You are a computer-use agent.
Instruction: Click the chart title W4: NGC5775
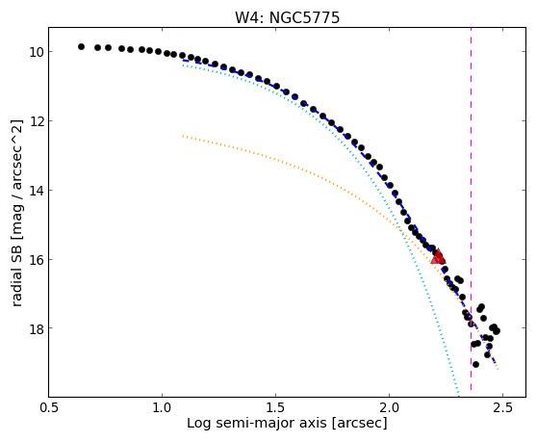click(x=287, y=18)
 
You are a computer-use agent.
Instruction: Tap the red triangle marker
click(x=438, y=257)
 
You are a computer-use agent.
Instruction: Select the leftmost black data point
click(x=81, y=46)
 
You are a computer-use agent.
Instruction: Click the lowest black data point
click(x=475, y=364)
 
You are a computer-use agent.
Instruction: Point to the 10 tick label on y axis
click(x=37, y=52)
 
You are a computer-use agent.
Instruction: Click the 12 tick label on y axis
click(x=37, y=121)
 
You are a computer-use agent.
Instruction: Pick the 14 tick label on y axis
click(x=37, y=191)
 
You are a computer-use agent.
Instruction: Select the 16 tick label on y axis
click(x=37, y=260)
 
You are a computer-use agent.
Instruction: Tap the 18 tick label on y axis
click(x=37, y=328)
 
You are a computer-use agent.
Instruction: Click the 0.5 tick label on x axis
click(x=49, y=408)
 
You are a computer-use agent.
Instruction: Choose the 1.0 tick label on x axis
click(x=162, y=408)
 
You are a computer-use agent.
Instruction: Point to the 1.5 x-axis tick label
click(x=275, y=408)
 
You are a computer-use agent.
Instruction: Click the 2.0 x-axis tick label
click(x=390, y=408)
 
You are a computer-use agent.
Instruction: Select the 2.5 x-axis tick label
click(x=502, y=408)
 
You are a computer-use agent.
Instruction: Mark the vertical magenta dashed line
click(x=471, y=209)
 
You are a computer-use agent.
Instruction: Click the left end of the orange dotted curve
click(x=183, y=136)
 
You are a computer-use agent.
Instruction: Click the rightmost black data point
click(x=497, y=331)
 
